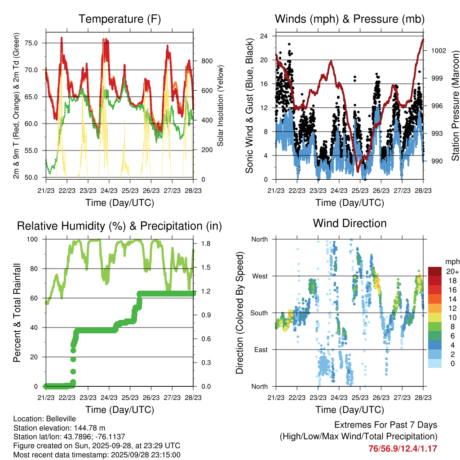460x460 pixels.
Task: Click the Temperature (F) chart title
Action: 119,19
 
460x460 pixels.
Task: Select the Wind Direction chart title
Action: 349,223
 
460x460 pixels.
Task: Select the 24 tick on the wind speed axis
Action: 265,36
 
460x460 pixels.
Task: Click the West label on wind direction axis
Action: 259,276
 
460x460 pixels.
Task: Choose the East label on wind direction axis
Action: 260,349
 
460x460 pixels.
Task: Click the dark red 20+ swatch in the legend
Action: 435,271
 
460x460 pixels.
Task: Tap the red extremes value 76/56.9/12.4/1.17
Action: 402,448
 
